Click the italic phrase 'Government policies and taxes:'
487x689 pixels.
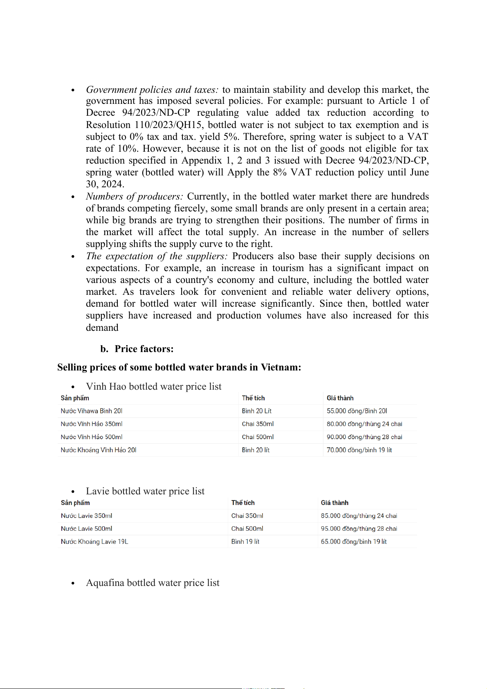tap(152, 90)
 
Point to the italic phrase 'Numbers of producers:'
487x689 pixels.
tap(135, 197)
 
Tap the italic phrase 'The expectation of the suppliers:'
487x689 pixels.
tap(157, 256)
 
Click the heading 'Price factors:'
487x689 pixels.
tap(144, 349)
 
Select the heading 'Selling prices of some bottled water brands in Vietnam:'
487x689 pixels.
tap(179, 367)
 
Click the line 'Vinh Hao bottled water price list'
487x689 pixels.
tap(153, 386)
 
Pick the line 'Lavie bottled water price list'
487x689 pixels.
tap(145, 491)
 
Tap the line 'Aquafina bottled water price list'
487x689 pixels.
tap(153, 583)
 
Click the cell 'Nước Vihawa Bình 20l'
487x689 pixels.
tap(92, 411)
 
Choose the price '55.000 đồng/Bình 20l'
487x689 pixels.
tap(357, 411)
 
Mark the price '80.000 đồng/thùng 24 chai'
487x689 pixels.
tap(364, 424)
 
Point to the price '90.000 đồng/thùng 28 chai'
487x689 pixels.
tap(364, 437)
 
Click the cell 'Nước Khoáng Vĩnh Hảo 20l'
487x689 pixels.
tap(99, 450)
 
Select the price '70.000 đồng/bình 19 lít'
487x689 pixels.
tap(359, 450)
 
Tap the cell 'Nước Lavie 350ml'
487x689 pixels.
tap(86, 516)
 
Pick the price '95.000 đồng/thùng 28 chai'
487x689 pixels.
tap(359, 529)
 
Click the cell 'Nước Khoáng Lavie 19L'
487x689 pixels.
tap(94, 542)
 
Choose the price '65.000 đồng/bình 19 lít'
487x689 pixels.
tap(354, 542)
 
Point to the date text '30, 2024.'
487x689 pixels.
tap(105, 184)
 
